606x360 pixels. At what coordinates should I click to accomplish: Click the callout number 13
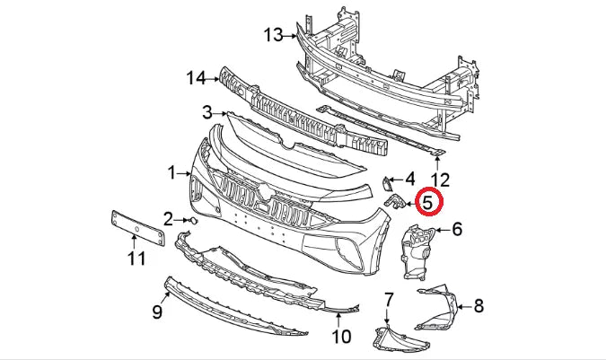click(273, 35)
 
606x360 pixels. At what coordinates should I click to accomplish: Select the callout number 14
click(196, 78)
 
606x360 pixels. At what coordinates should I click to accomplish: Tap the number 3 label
click(206, 112)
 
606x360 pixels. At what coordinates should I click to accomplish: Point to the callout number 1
click(171, 170)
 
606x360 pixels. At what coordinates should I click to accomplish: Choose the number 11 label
click(136, 260)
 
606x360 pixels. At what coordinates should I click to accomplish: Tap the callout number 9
click(156, 312)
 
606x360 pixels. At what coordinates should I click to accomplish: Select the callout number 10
click(340, 338)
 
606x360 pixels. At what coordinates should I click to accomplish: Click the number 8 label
click(479, 306)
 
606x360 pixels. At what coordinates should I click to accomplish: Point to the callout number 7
click(389, 297)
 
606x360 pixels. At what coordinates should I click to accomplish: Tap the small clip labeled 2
click(191, 219)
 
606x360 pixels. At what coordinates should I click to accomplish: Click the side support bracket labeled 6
click(416, 251)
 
